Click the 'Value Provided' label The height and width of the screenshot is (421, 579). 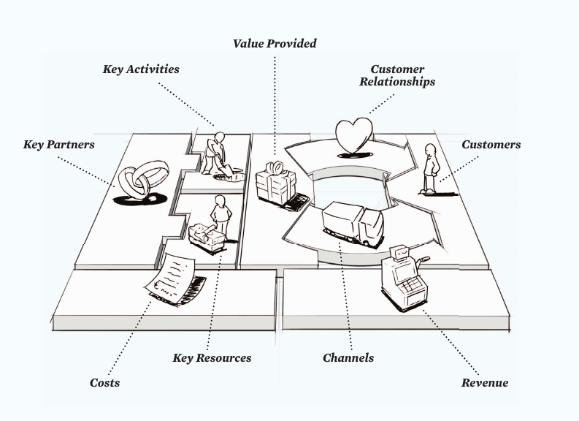(x=275, y=44)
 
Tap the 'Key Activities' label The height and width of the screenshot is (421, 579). (x=141, y=69)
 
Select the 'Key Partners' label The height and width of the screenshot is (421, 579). (x=58, y=145)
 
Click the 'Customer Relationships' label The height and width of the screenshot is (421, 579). (x=396, y=75)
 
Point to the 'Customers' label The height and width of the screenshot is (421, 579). (x=491, y=145)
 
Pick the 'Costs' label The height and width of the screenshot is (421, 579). (x=104, y=382)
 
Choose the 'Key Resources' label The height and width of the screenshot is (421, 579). (x=212, y=358)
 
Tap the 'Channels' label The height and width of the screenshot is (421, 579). (x=348, y=358)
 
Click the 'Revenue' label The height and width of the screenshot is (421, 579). (x=484, y=382)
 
